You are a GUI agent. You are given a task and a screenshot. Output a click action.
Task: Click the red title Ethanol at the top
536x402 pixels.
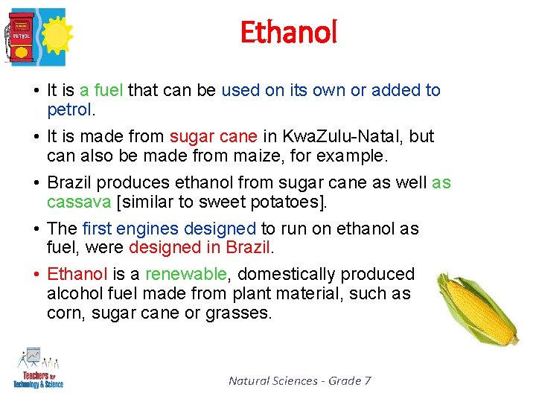click(x=289, y=32)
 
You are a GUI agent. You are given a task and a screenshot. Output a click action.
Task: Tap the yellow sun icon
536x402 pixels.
click(x=52, y=33)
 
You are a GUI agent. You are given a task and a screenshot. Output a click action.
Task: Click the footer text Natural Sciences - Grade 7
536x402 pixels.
click(x=299, y=380)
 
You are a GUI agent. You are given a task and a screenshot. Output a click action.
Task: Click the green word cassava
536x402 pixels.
click(x=77, y=202)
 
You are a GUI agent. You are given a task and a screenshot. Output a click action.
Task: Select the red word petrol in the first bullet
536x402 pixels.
click(x=69, y=110)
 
